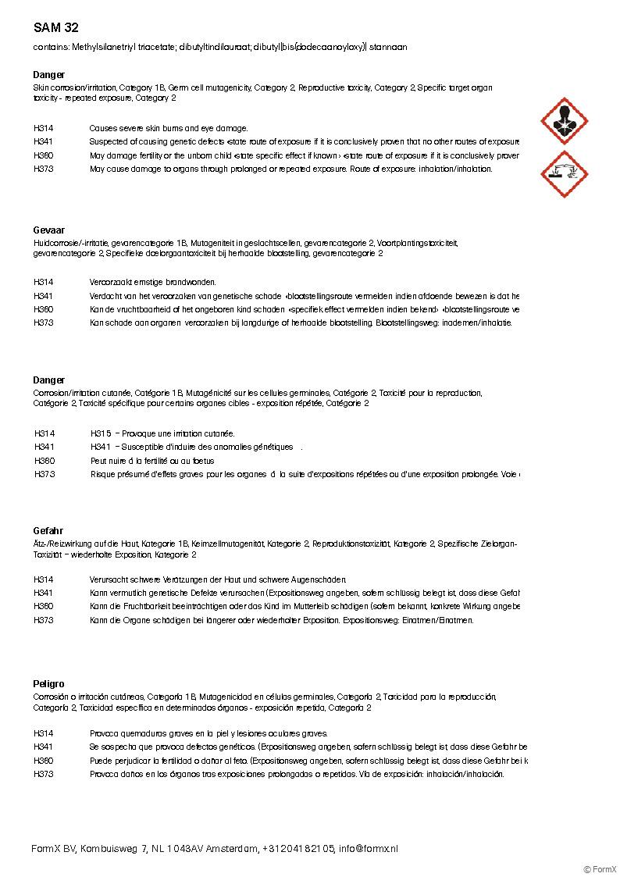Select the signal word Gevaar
coord(48,231)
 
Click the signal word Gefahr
coord(48,531)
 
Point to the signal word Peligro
coord(49,684)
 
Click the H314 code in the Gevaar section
coord(44,282)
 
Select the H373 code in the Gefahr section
coord(44,620)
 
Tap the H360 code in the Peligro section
coord(44,761)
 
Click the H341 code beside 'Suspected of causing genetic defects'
coord(44,142)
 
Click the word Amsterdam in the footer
coord(233,849)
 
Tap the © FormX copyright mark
coord(600,868)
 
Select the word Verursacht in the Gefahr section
coord(107,579)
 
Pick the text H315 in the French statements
coord(102,433)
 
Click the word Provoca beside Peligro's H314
coord(104,733)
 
